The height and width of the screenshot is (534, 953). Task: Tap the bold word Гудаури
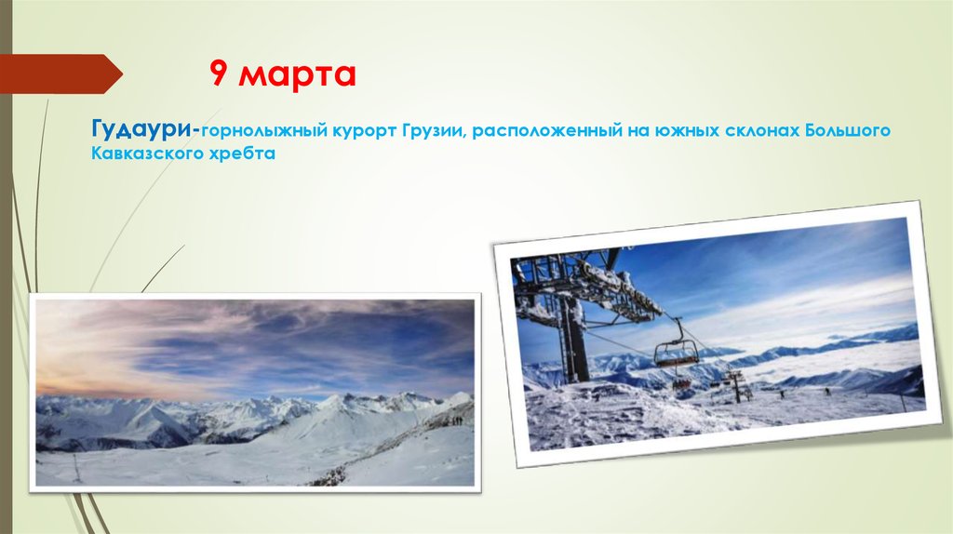[x=141, y=127]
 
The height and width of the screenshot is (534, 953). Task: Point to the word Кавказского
[x=141, y=154]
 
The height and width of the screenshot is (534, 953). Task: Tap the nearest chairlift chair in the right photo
[x=676, y=352]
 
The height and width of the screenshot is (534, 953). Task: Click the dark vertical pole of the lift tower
[x=573, y=340]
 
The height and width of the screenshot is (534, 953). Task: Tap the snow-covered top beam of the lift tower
[x=605, y=279]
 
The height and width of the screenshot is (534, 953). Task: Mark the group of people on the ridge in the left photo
[x=456, y=420]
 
